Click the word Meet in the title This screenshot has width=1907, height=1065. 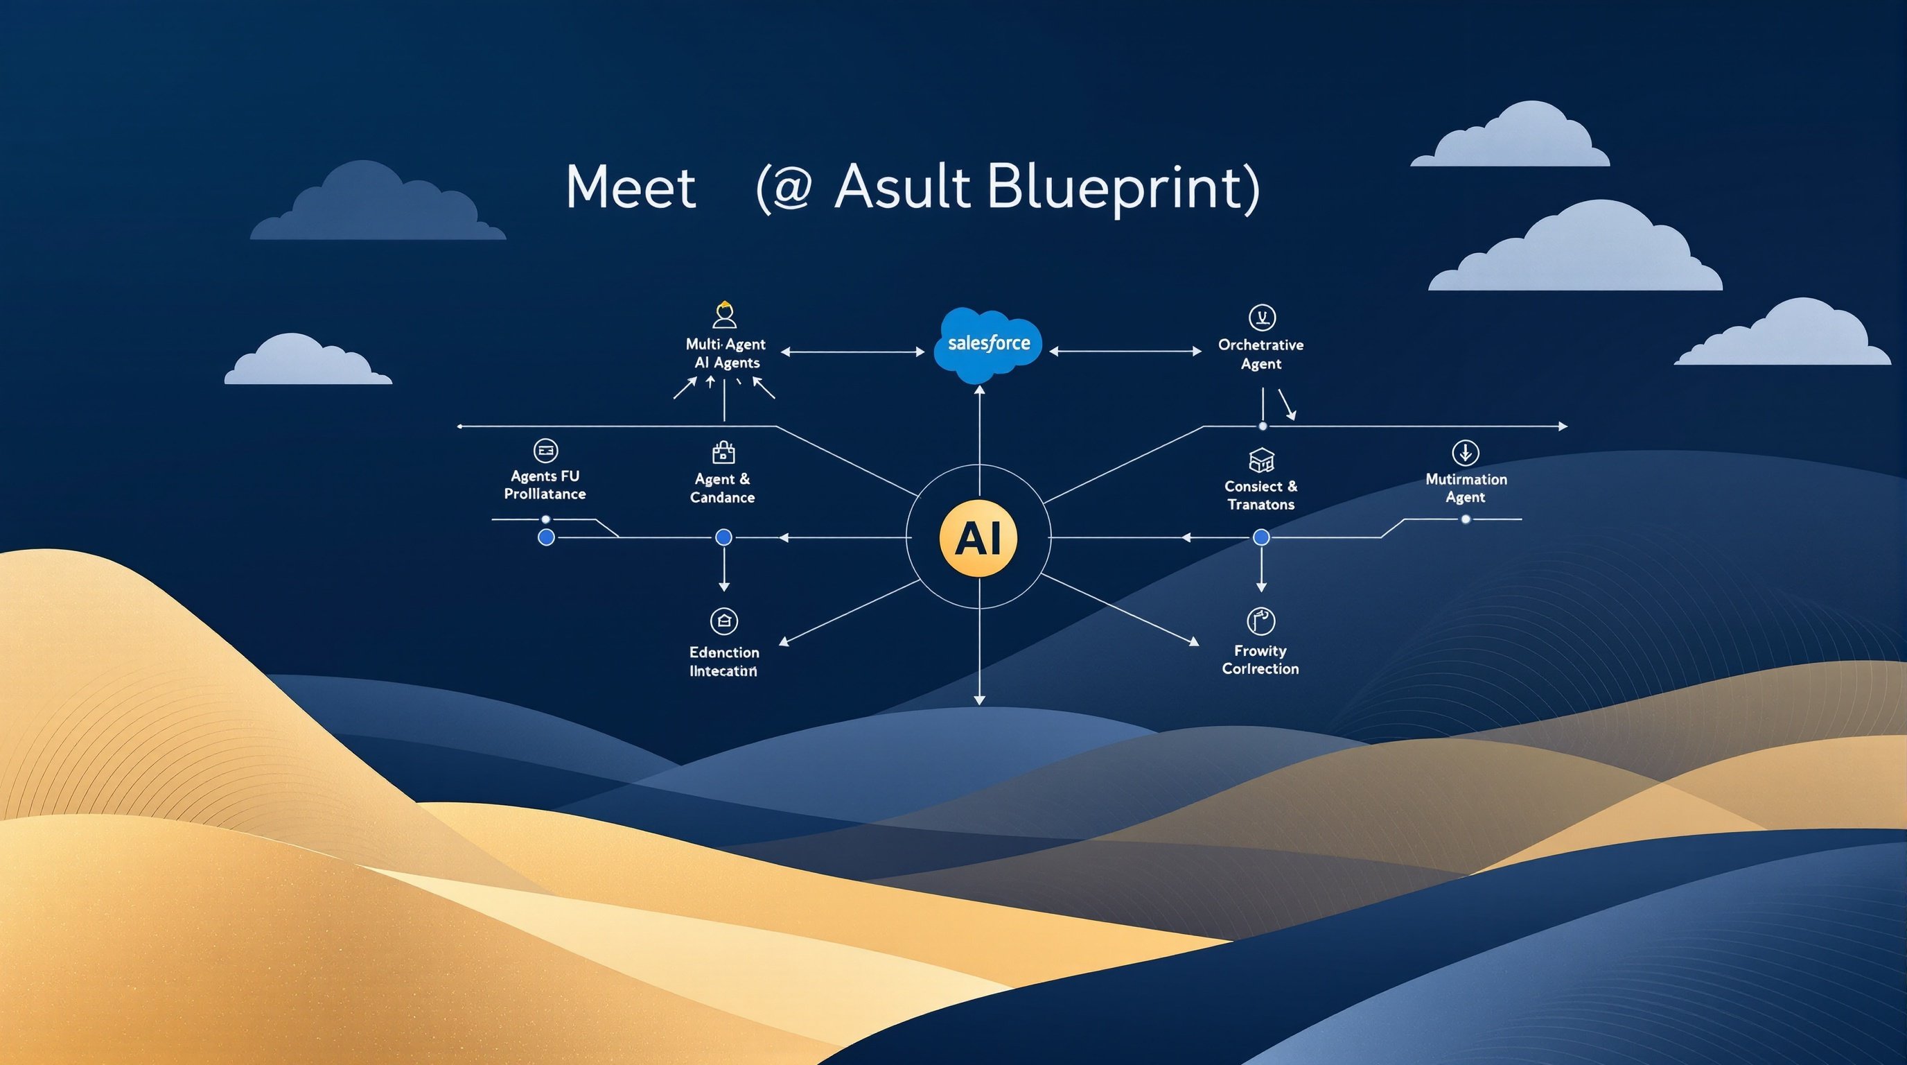pos(630,187)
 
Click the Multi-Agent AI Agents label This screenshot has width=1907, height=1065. pos(726,354)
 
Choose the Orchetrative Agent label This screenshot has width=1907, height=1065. pos(1260,354)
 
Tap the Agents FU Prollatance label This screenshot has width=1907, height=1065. pos(545,485)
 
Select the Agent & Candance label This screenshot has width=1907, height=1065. pos(723,488)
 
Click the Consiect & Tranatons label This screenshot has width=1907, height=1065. pos(1260,495)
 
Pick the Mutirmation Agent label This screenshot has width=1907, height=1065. pos(1466,488)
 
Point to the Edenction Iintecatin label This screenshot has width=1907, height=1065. pos(724,661)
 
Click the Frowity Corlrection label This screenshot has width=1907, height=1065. pos(1260,659)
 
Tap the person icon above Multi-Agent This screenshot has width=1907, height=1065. pos(724,315)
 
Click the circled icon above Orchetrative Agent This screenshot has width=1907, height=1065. pos(1261,318)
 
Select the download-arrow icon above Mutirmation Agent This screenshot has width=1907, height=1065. pos(1466,452)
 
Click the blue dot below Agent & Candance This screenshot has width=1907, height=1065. pos(724,537)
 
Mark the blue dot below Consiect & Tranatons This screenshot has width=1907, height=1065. pos(1261,537)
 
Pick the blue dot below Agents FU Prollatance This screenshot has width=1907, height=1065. pos(546,537)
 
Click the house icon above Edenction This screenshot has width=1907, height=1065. pos(724,621)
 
